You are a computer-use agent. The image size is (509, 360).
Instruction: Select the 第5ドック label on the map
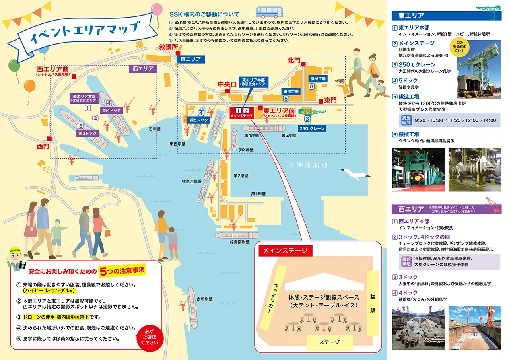point(199,120)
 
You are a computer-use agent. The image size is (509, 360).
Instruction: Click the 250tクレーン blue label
point(312,128)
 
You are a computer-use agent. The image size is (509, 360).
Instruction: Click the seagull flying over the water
point(356,173)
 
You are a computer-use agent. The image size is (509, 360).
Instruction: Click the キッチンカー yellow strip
point(278,294)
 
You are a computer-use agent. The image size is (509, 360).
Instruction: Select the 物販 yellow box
point(373,303)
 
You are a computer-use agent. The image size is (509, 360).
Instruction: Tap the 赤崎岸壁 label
point(204,299)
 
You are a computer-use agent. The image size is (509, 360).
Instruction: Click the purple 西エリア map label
point(143,68)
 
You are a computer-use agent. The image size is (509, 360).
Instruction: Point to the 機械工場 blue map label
point(318,79)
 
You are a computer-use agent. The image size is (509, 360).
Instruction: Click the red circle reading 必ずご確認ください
point(149,337)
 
